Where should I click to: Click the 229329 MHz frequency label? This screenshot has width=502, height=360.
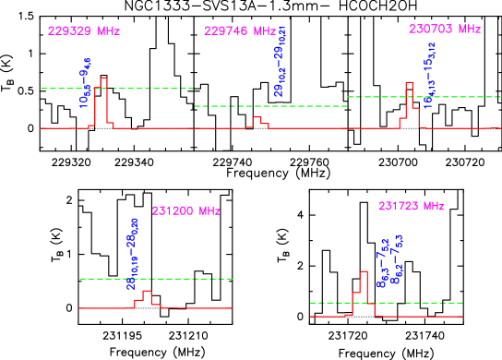click(84, 30)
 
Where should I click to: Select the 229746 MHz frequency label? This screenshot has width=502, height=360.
click(240, 30)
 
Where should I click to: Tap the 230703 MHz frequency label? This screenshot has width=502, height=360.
click(445, 29)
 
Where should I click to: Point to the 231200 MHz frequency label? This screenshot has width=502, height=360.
click(185, 210)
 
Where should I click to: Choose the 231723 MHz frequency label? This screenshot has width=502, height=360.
click(411, 206)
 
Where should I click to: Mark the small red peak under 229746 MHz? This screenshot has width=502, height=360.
click(258, 121)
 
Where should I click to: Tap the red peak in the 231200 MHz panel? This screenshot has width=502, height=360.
click(146, 296)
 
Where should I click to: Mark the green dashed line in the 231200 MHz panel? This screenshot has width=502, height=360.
click(194, 278)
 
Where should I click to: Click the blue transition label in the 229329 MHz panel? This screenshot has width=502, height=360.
click(85, 84)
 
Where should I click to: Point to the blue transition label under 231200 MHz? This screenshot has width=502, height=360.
click(133, 254)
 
